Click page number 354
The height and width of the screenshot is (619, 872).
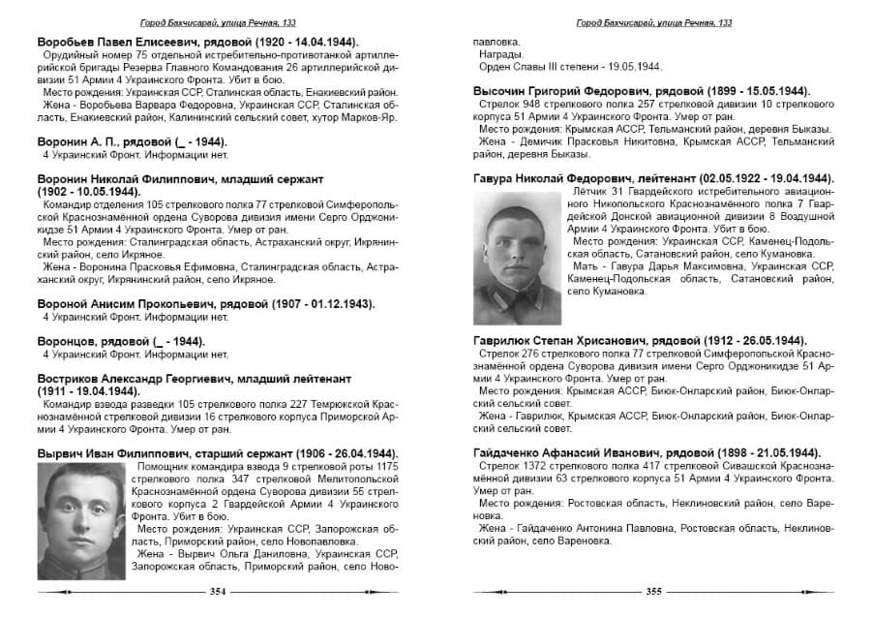coord(218,592)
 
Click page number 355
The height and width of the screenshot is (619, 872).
coord(653,592)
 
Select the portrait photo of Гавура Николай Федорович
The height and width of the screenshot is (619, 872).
coord(518,257)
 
